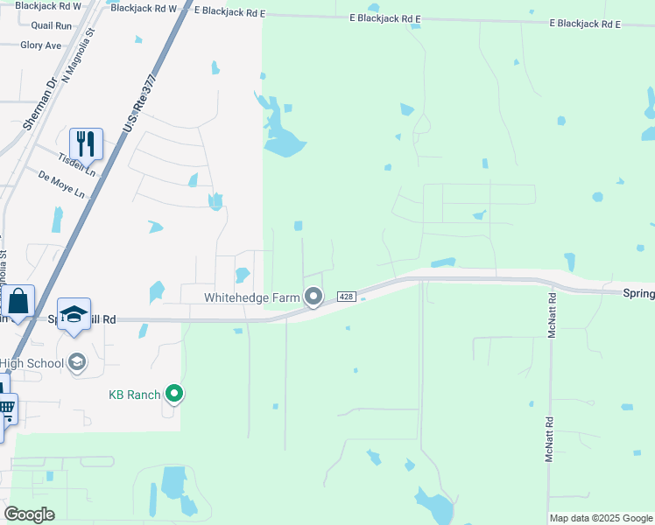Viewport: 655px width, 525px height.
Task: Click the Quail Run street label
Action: click(x=51, y=26)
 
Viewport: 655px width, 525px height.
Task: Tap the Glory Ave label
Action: click(x=40, y=45)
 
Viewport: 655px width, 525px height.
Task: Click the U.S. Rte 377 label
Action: click(x=139, y=104)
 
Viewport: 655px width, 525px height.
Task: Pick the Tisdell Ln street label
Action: click(x=76, y=161)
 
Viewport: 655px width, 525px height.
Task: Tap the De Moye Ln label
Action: click(x=61, y=184)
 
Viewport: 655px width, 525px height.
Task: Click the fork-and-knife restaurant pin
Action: click(x=86, y=143)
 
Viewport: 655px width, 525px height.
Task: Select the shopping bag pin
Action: click(x=18, y=301)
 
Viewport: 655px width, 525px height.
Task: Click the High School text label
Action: click(x=32, y=363)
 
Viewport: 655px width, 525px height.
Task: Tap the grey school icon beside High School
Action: click(x=77, y=363)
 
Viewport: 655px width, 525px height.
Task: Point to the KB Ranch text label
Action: click(x=134, y=395)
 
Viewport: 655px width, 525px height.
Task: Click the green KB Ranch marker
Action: click(x=175, y=395)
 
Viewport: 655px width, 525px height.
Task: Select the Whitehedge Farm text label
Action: click(x=252, y=297)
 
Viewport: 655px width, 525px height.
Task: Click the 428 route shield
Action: click(x=346, y=297)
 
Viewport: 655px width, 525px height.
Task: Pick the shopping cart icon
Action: click(x=6, y=407)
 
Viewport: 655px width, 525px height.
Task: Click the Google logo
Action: click(x=29, y=514)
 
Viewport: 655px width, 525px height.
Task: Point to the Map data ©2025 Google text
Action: click(x=601, y=518)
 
